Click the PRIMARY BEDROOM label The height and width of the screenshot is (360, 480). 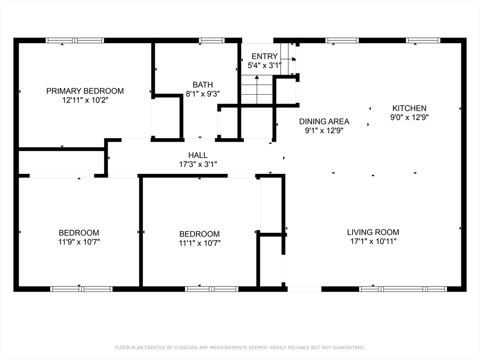[x=85, y=91]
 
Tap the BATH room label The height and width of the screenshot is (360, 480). [x=202, y=84]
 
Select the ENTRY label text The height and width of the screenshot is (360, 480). [x=264, y=56]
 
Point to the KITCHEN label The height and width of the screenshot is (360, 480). [x=409, y=108]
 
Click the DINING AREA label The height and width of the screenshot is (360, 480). [x=324, y=121]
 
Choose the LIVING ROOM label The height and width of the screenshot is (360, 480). [x=373, y=232]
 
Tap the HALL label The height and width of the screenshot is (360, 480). [x=198, y=155]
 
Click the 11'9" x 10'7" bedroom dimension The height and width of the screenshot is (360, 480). [x=79, y=242]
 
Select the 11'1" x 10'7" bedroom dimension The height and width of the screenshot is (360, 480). [x=200, y=243]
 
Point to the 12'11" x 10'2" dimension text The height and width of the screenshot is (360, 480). [x=85, y=100]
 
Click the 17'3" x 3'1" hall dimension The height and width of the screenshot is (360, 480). [x=198, y=165]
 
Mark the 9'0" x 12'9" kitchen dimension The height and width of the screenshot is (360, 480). [x=409, y=117]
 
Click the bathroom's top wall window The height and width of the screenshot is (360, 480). [x=211, y=40]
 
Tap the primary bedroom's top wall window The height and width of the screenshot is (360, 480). [x=75, y=40]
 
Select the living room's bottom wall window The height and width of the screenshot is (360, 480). [x=403, y=289]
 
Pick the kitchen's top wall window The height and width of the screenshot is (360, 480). [x=423, y=40]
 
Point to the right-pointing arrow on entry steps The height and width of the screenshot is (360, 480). [x=288, y=59]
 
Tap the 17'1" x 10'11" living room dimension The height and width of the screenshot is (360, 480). [x=373, y=241]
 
